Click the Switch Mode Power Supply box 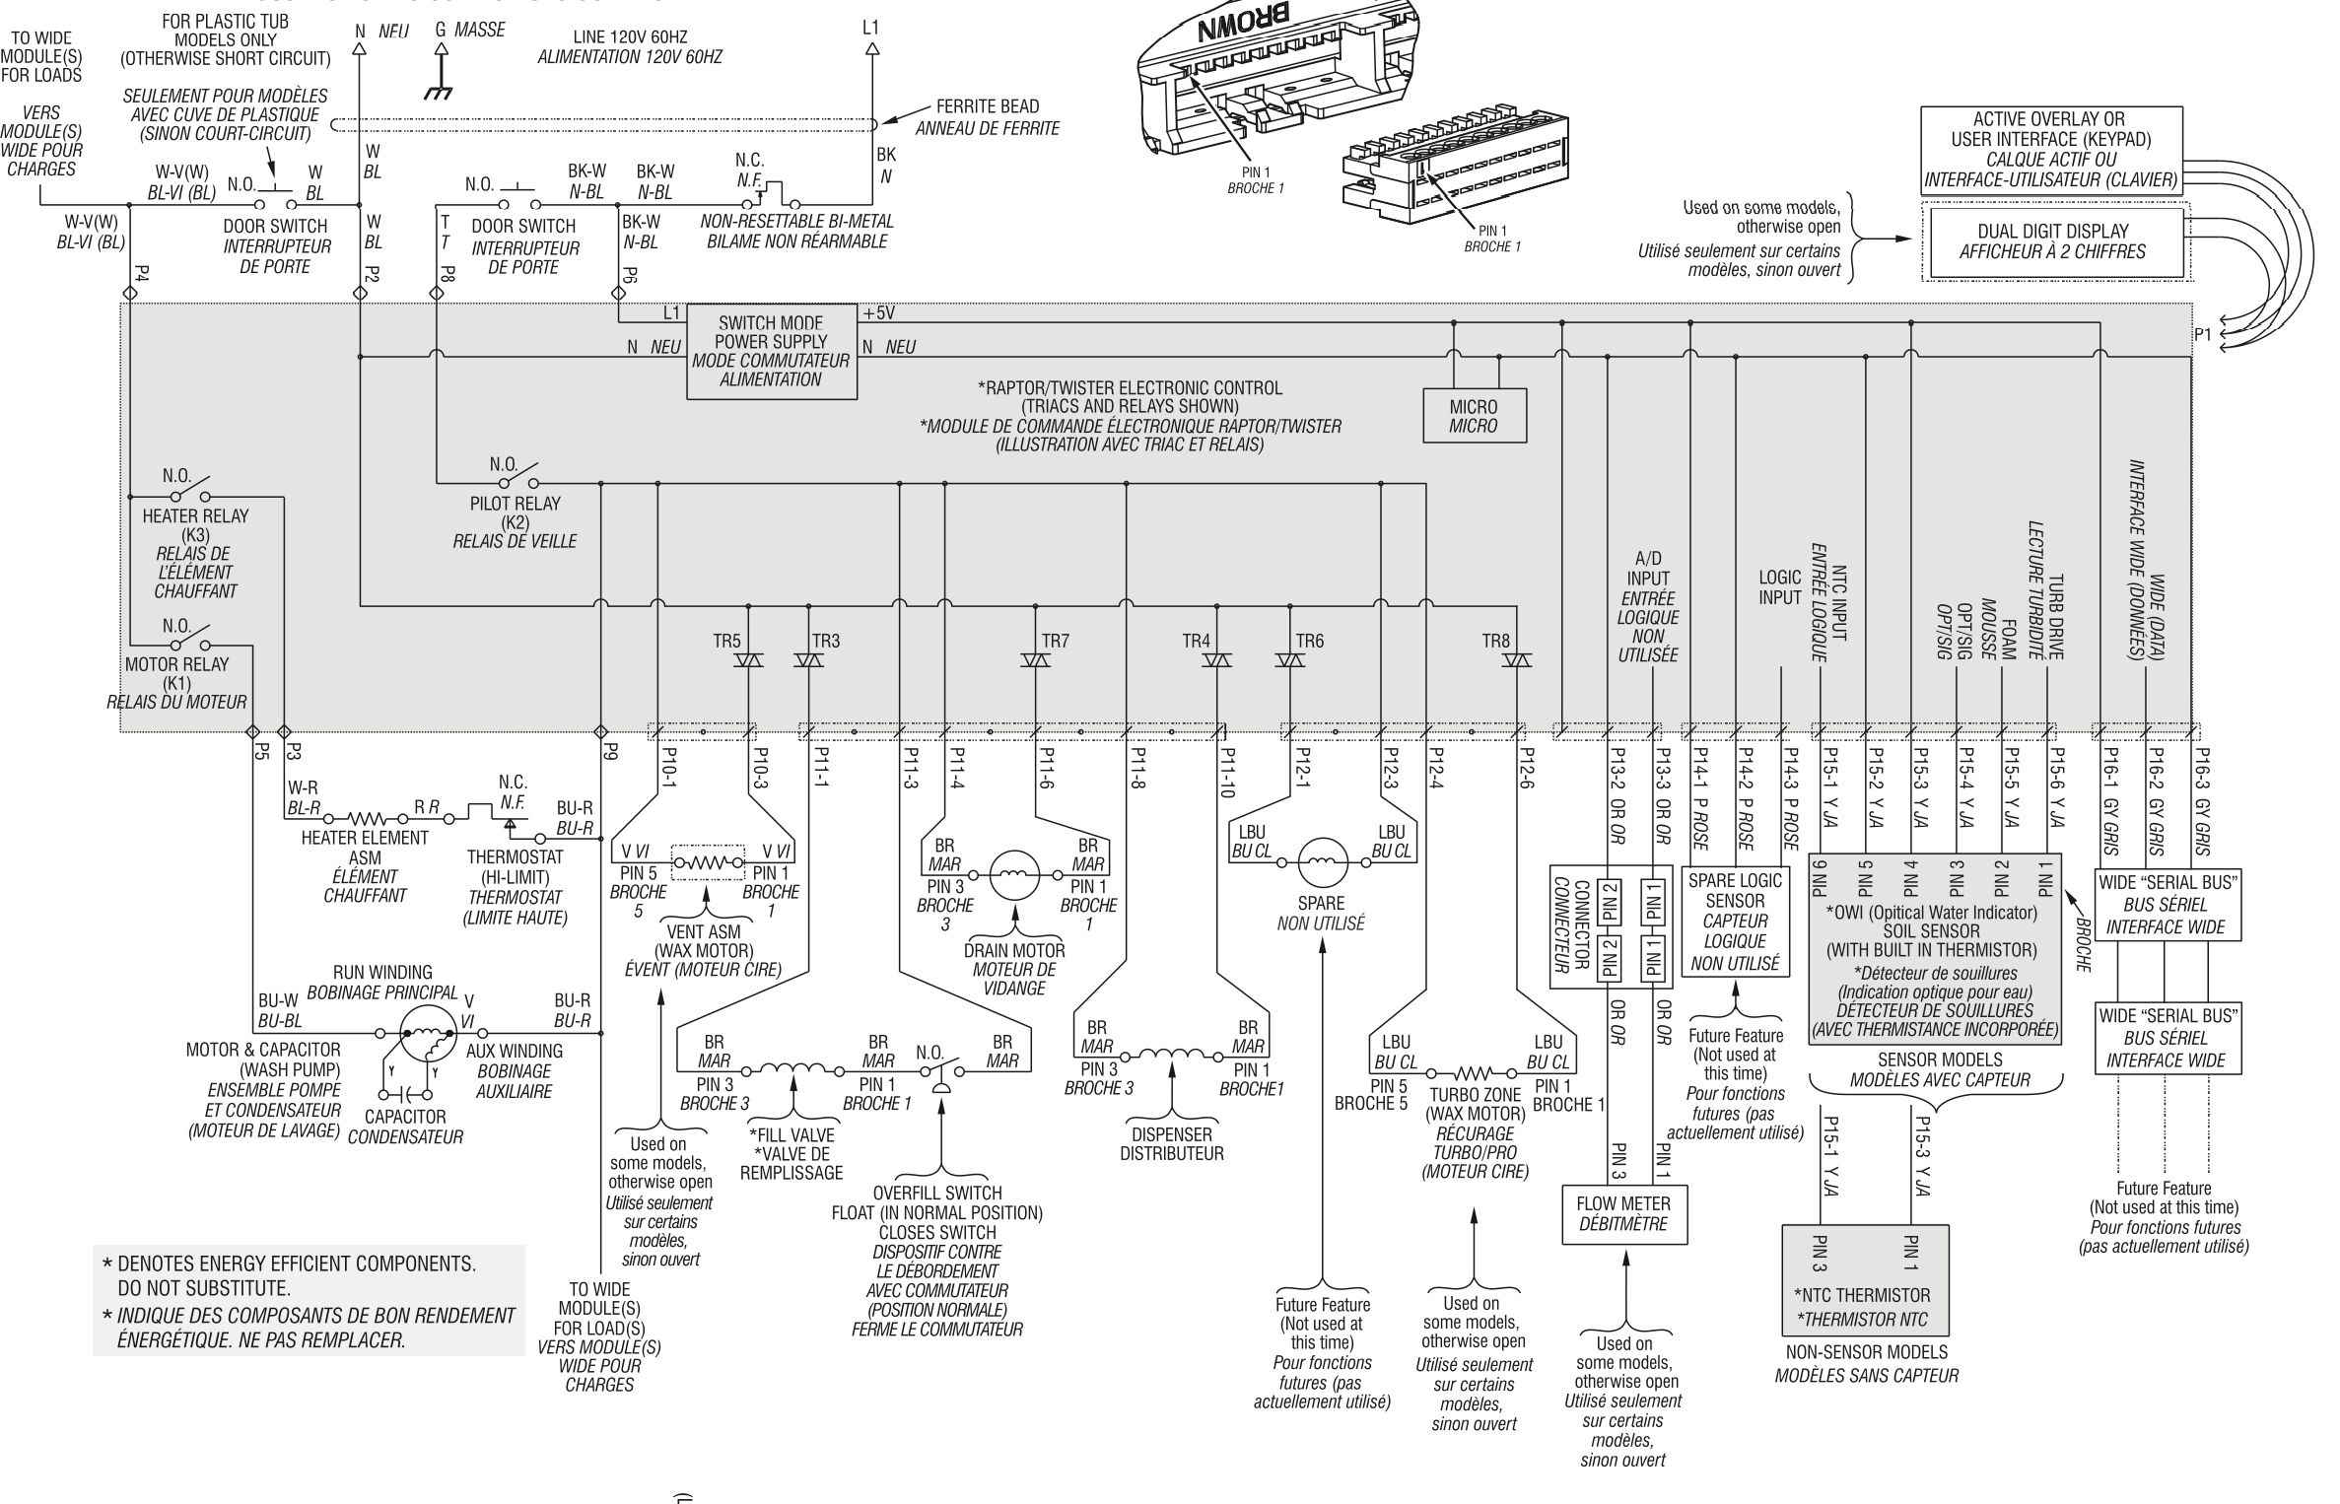pyautogui.click(x=771, y=351)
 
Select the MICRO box pyautogui.click(x=1474, y=416)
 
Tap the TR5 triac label pyautogui.click(x=726, y=642)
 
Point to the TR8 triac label pyautogui.click(x=1495, y=642)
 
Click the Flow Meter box pyautogui.click(x=1623, y=1213)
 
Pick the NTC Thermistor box pyautogui.click(x=1865, y=1279)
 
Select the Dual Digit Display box pyautogui.click(x=2052, y=241)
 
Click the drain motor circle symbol pyautogui.click(x=1014, y=874)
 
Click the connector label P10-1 pyautogui.click(x=668, y=767)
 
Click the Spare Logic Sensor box pyautogui.click(x=1735, y=921)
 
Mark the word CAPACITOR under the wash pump pyautogui.click(x=405, y=1117)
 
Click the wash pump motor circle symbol pyautogui.click(x=429, y=1032)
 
